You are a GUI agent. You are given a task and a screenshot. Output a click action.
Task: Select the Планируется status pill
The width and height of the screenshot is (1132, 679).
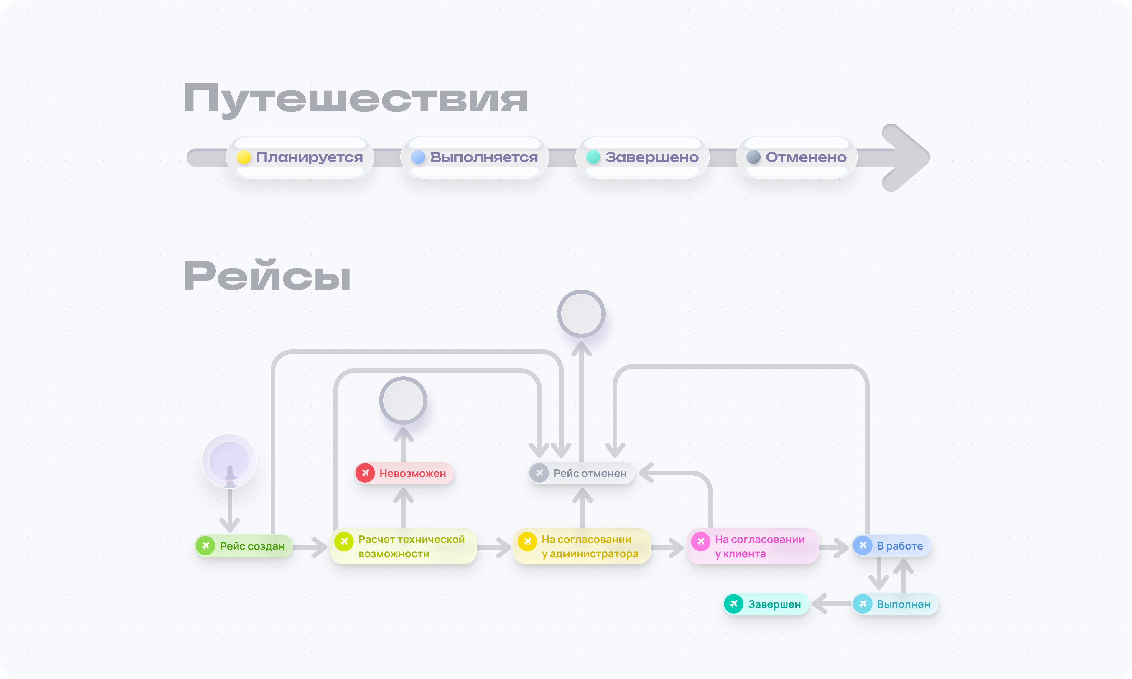point(300,157)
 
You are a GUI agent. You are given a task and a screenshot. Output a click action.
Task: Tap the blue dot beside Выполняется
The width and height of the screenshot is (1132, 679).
point(418,157)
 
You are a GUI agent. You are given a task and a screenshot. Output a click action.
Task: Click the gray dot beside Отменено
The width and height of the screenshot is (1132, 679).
point(753,157)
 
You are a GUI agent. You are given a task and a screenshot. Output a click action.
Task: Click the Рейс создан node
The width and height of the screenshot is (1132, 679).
point(244,546)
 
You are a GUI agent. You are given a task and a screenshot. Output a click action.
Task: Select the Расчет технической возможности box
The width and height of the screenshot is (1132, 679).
point(403,546)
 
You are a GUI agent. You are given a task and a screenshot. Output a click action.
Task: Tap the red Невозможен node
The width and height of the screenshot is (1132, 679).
point(404,473)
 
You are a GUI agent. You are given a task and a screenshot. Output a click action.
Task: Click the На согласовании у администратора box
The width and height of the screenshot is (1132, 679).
point(582,546)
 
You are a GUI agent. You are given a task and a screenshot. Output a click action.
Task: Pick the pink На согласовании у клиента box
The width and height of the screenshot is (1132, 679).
point(752,546)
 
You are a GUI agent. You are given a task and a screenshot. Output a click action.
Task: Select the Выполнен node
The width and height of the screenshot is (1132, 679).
point(895,604)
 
